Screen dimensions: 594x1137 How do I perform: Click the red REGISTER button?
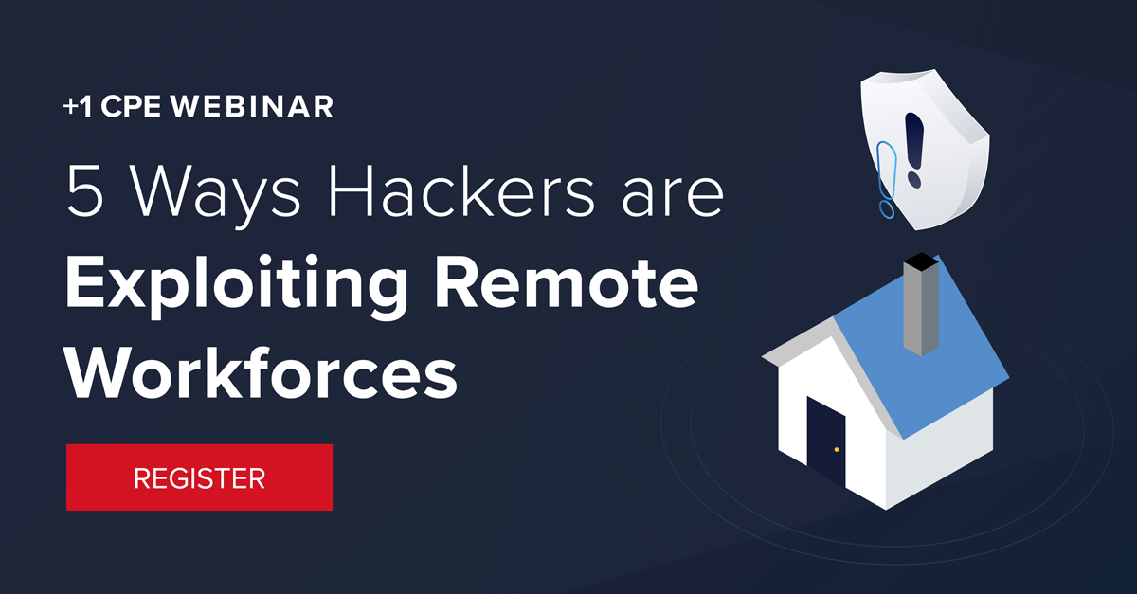[x=199, y=477]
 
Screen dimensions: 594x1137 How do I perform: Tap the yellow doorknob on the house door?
[x=837, y=449]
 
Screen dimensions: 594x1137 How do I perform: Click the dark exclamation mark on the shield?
[x=913, y=147]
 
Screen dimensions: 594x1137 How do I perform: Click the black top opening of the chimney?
[x=922, y=260]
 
